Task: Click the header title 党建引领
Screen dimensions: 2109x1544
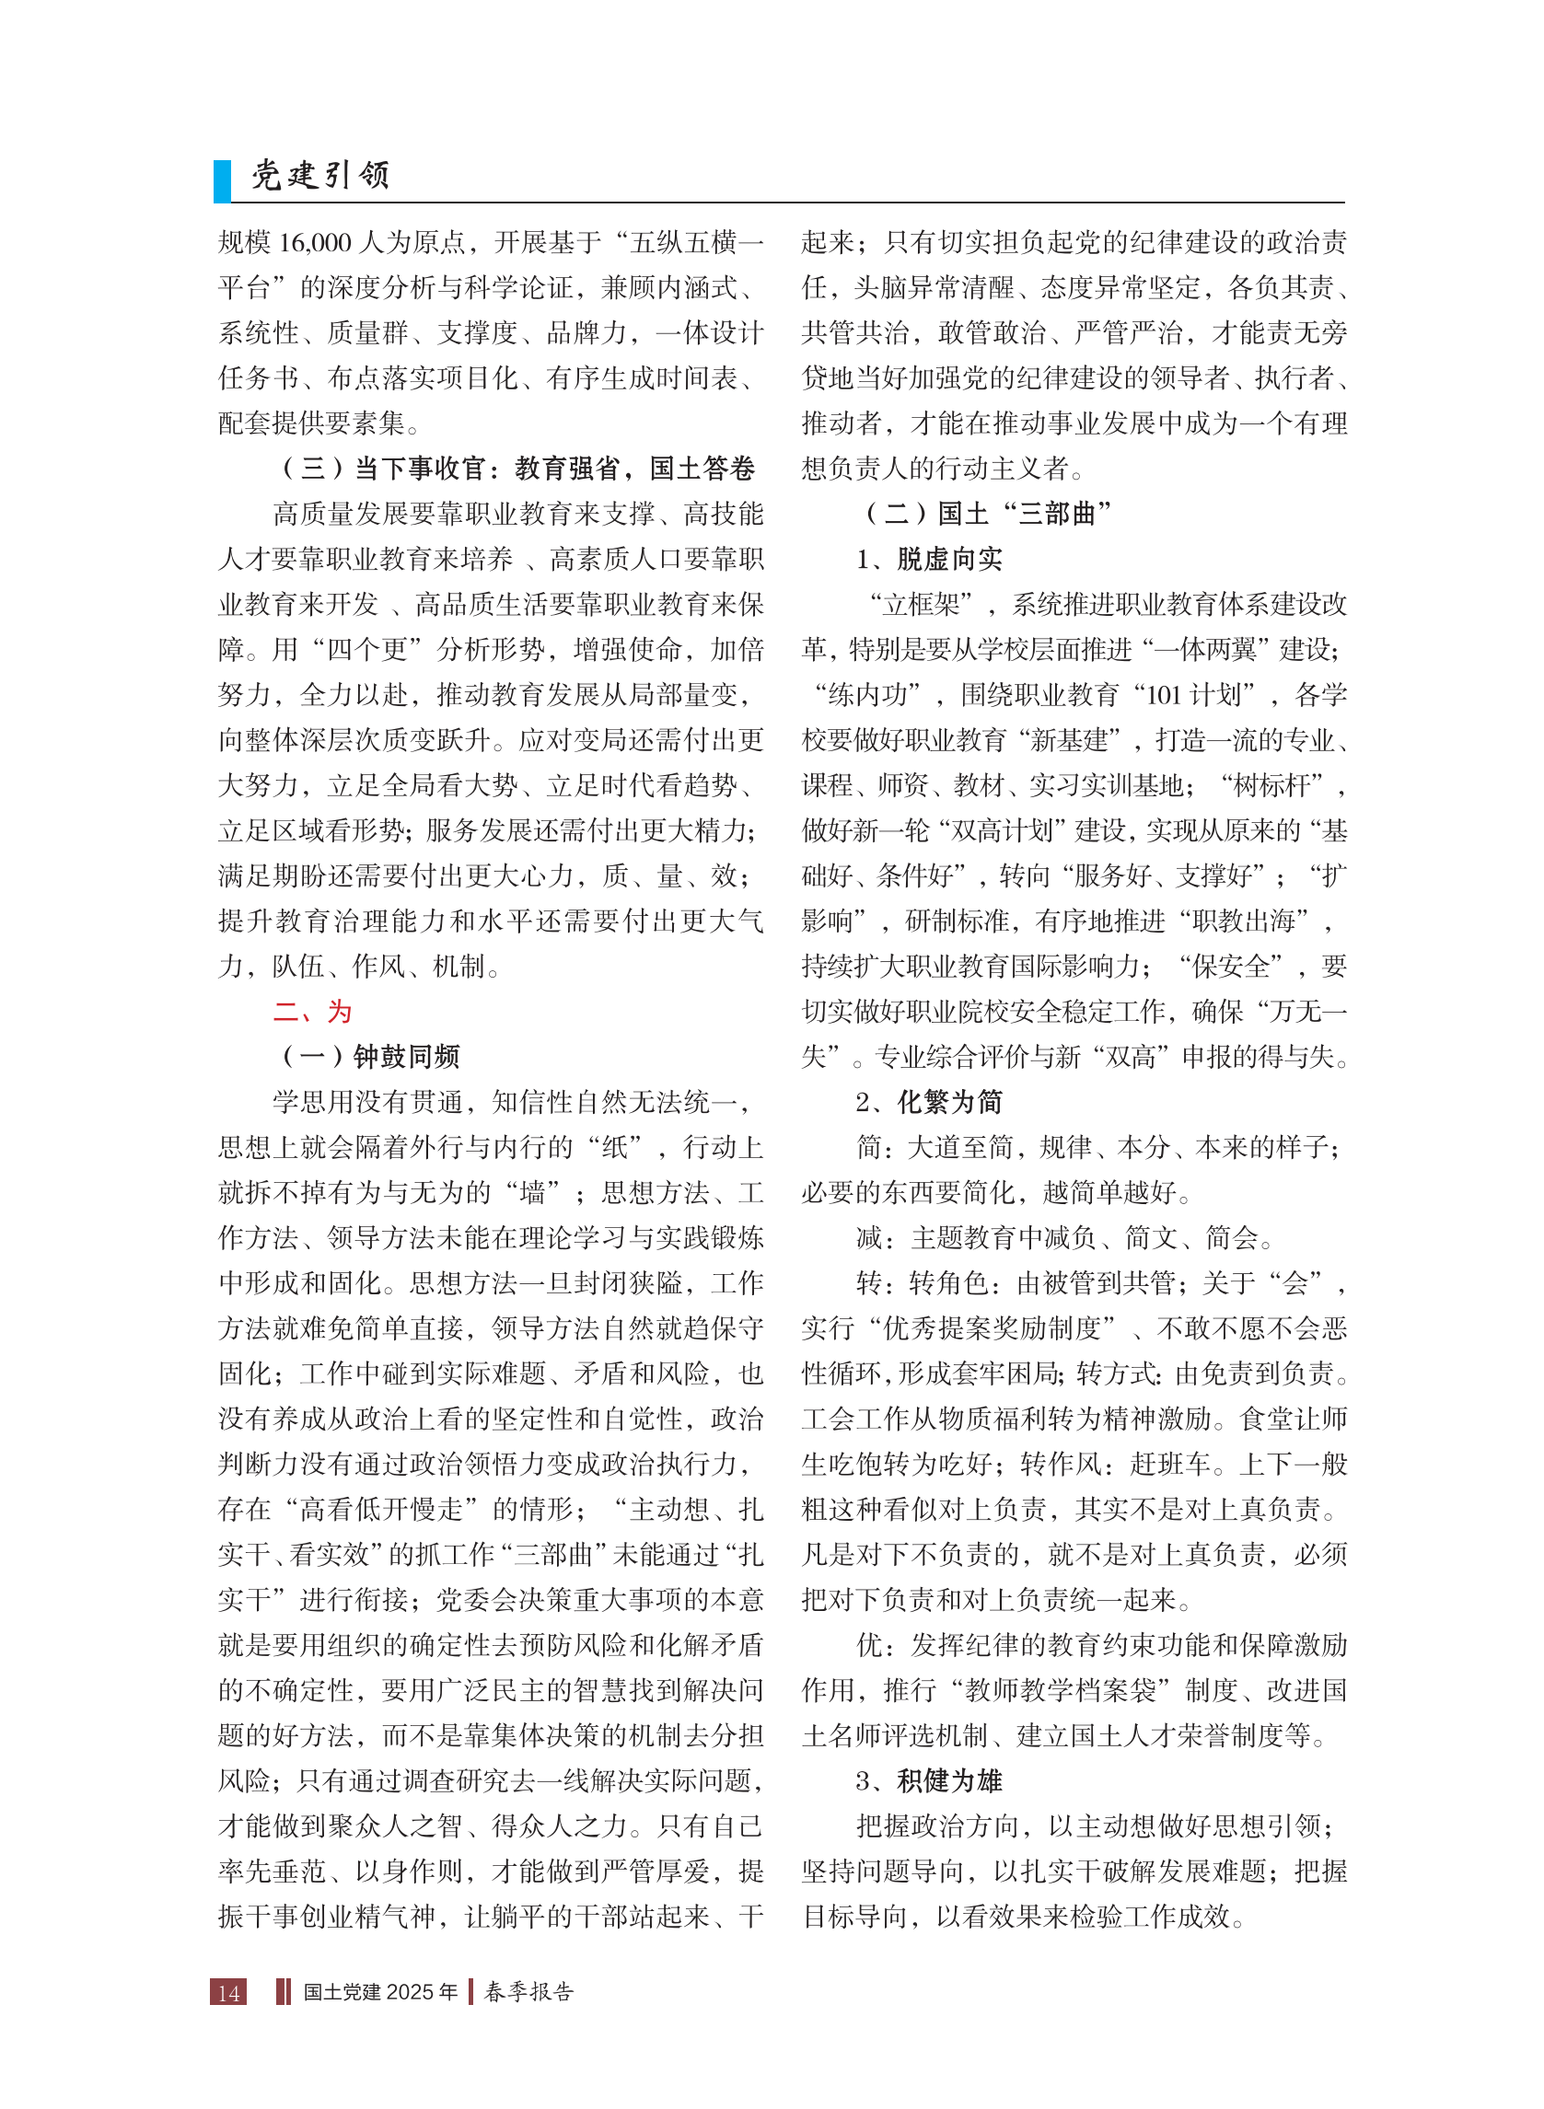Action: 320,176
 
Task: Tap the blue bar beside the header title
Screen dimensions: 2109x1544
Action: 223,181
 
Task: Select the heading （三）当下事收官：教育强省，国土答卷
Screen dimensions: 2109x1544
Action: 517,469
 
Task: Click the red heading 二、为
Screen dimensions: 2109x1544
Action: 312,1011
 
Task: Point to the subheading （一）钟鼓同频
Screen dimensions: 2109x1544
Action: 370,1057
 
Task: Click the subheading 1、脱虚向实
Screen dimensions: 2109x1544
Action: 929,559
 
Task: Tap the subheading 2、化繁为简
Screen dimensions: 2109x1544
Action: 929,1102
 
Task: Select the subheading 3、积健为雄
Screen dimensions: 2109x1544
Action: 929,1780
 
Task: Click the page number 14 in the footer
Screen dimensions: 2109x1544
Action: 229,1992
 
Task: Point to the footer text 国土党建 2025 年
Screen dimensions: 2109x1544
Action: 380,1992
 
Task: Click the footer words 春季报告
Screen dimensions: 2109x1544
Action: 529,1992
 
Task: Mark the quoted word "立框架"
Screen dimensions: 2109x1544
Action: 922,605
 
